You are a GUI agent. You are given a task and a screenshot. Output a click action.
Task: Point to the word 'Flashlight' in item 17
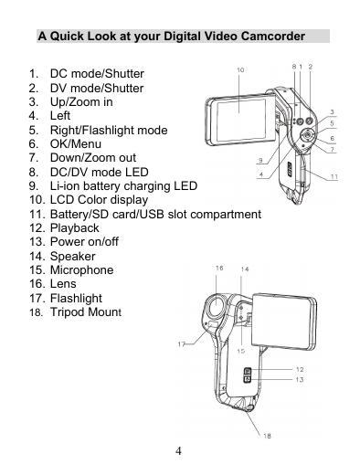(x=76, y=298)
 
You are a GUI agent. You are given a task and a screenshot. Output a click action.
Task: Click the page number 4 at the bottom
(x=178, y=450)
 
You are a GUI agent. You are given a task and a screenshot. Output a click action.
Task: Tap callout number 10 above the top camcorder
(x=240, y=70)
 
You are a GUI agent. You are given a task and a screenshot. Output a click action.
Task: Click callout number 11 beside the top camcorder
(x=334, y=176)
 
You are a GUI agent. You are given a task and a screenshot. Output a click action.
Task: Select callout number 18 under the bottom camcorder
(x=267, y=436)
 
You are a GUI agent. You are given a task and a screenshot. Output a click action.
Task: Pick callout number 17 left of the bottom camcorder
(x=182, y=344)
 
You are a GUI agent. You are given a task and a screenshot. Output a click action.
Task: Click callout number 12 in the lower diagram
(x=300, y=369)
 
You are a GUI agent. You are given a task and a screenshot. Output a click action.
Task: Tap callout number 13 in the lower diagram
(x=300, y=379)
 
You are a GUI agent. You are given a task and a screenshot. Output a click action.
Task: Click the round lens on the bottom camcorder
(x=217, y=305)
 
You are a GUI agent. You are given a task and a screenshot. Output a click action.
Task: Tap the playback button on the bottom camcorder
(x=248, y=371)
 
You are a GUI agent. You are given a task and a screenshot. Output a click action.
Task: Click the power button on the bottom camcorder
(x=248, y=379)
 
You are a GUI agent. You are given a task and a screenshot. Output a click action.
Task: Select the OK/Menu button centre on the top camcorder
(x=307, y=135)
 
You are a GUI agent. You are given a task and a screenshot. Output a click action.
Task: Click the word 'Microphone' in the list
(x=81, y=270)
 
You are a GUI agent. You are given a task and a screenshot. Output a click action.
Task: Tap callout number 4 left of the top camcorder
(x=261, y=175)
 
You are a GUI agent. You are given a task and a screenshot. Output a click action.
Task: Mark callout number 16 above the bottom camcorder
(x=219, y=268)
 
